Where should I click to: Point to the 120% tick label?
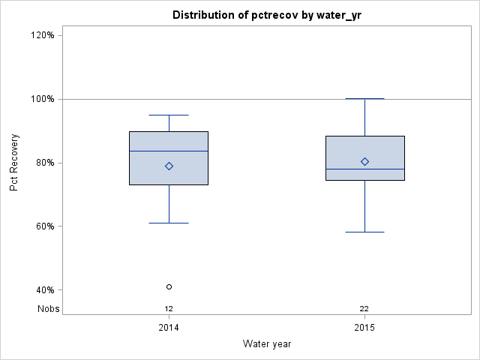click(42, 35)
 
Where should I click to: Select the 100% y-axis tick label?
click(42, 99)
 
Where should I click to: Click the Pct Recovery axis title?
click(15, 163)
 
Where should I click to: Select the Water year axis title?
click(266, 343)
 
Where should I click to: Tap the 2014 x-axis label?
click(169, 328)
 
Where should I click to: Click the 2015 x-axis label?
click(364, 328)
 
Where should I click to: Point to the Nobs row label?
click(49, 308)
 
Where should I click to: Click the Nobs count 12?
click(169, 308)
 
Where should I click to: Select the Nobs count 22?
click(364, 308)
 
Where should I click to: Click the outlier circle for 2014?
click(169, 286)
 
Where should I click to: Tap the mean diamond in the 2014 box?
click(169, 166)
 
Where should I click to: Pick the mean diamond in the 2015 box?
click(364, 161)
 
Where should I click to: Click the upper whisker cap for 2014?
click(169, 115)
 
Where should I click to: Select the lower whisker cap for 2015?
click(364, 232)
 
